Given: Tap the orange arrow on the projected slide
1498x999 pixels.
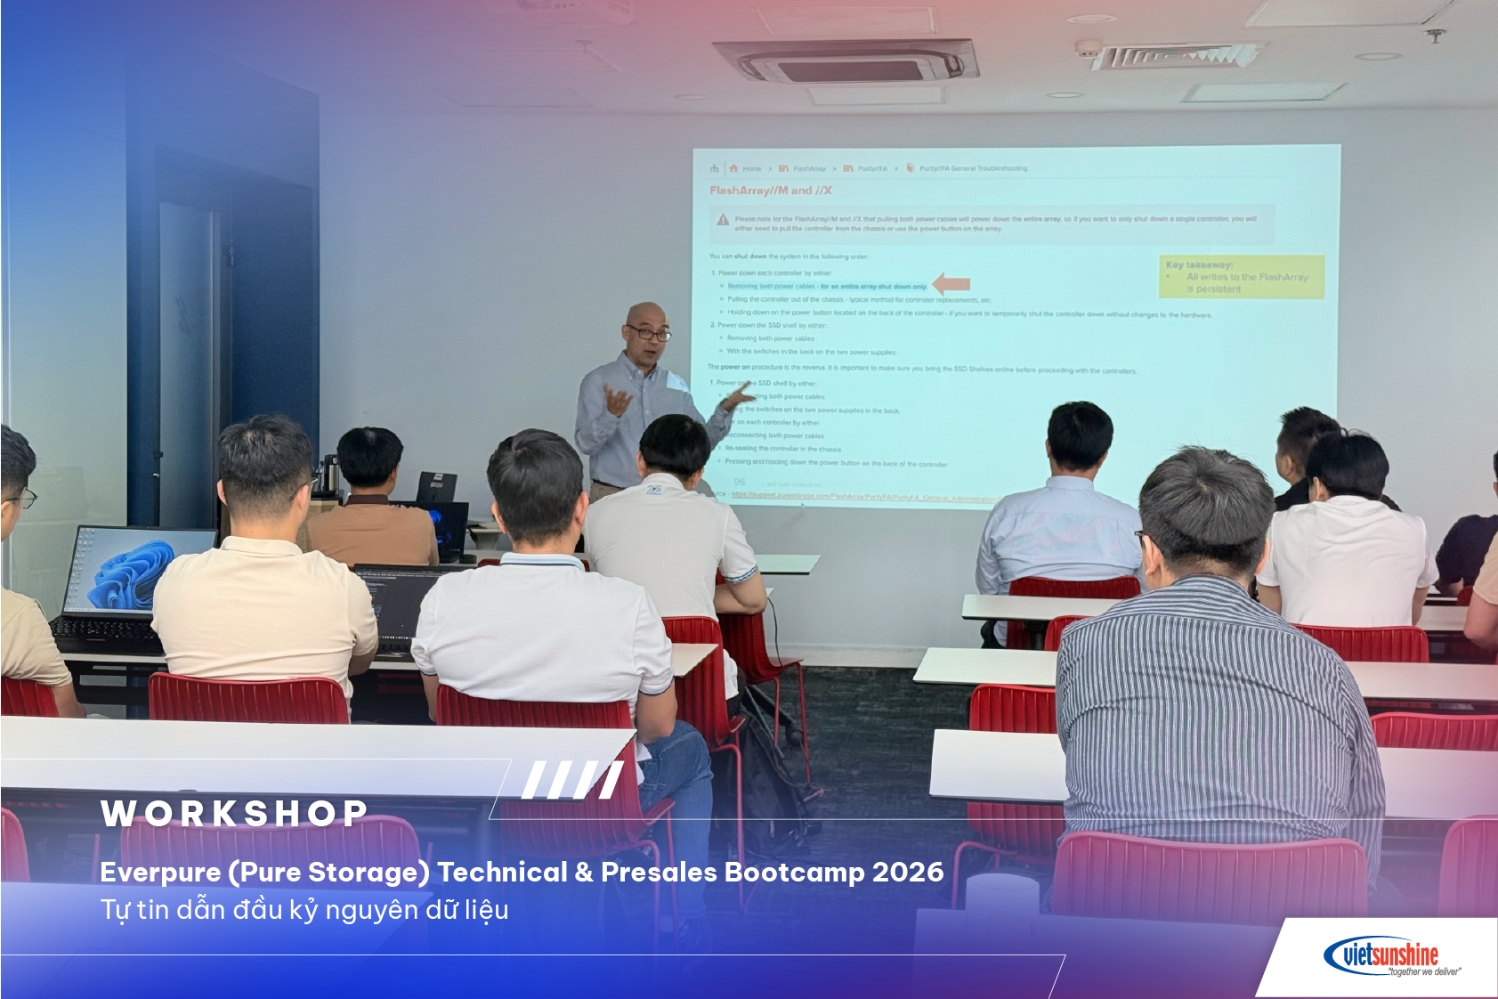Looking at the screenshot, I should click(x=951, y=284).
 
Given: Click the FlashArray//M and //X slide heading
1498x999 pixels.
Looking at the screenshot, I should click(x=770, y=191).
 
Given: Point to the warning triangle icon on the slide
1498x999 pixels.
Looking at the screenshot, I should click(x=723, y=220).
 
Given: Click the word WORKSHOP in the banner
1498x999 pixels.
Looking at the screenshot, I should click(x=234, y=813).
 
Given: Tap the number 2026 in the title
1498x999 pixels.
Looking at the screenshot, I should click(x=908, y=872).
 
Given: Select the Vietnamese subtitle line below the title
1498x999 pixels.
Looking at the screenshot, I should click(x=304, y=910).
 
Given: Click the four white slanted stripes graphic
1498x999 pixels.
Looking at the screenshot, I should click(x=572, y=780).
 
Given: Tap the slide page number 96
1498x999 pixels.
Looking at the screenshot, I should click(x=739, y=482).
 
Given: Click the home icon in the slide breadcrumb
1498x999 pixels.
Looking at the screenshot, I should click(x=733, y=168).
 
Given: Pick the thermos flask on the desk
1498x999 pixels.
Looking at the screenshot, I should click(x=329, y=475).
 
